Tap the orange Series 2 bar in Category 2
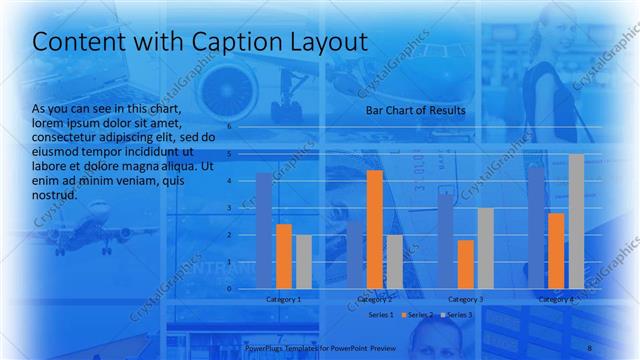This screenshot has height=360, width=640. pyautogui.click(x=374, y=229)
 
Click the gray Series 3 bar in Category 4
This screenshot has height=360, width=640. pyautogui.click(x=576, y=221)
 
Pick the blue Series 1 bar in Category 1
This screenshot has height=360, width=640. pyautogui.click(x=264, y=230)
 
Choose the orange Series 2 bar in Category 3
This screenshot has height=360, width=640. pyautogui.click(x=464, y=264)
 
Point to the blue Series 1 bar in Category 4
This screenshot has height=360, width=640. pyautogui.click(x=536, y=227)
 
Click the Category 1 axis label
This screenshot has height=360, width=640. pyautogui.click(x=284, y=299)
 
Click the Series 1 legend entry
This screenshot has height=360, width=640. pyautogui.click(x=382, y=315)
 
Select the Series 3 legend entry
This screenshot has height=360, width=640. pyautogui.click(x=458, y=315)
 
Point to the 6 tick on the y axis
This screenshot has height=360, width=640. pyautogui.click(x=229, y=127)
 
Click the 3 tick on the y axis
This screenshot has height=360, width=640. pyautogui.click(x=229, y=208)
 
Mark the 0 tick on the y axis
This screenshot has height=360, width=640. pyautogui.click(x=229, y=288)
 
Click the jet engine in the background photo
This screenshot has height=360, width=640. pyautogui.click(x=233, y=89)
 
